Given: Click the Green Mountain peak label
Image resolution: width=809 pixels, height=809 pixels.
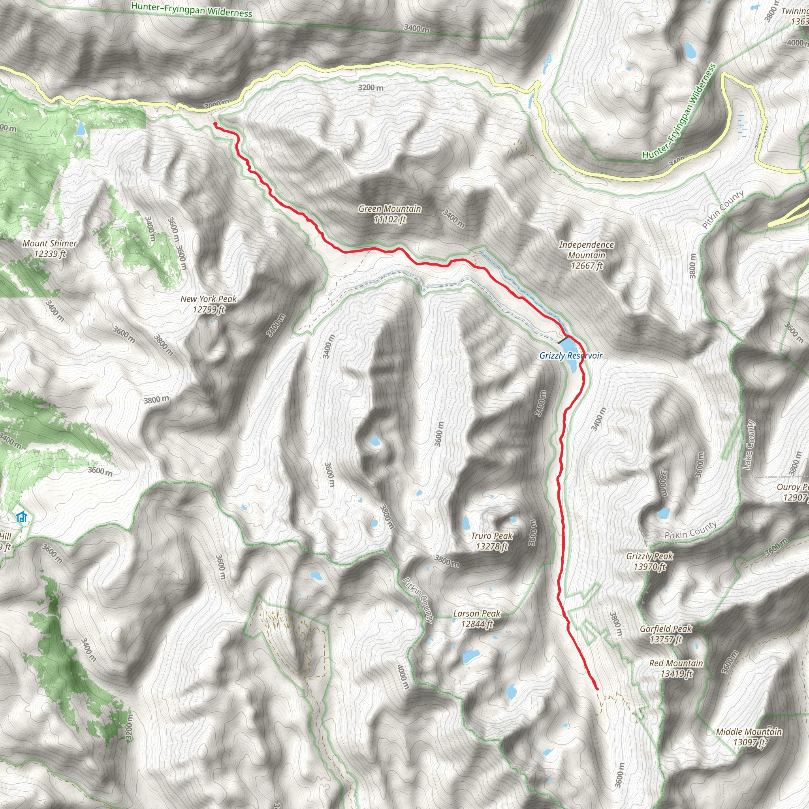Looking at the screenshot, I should point(390,214).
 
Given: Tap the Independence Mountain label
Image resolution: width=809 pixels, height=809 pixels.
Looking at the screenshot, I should point(586,255).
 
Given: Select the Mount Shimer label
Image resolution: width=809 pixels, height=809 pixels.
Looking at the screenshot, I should point(50,248).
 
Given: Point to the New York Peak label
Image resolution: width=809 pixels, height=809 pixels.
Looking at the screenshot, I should point(209,304).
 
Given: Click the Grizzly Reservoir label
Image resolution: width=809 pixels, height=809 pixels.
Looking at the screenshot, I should point(571,356).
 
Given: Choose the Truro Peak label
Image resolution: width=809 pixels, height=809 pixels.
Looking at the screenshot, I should point(491,541).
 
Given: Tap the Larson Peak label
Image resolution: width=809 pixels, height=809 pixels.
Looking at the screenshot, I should point(477,619).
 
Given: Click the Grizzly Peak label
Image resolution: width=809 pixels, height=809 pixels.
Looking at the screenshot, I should point(649,561).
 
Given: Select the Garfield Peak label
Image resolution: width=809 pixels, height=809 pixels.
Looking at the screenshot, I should point(666,634).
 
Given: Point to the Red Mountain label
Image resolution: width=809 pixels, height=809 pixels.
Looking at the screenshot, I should point(676,668).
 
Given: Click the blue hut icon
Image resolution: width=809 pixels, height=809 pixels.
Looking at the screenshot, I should point(21,517).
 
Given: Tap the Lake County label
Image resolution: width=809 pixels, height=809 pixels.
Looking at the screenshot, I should point(749,445).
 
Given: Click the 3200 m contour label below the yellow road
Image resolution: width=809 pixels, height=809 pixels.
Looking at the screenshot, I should point(371,88).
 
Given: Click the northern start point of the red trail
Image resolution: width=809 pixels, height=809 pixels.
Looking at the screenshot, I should point(215,124).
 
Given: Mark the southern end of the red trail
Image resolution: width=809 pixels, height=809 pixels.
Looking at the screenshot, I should point(597,689).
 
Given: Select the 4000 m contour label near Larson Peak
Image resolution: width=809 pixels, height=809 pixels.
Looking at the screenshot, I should point(403,677).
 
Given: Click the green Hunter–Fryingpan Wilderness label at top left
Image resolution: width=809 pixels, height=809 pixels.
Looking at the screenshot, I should point(191,9).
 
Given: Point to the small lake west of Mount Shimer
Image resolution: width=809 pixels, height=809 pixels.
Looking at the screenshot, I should point(79,130).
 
